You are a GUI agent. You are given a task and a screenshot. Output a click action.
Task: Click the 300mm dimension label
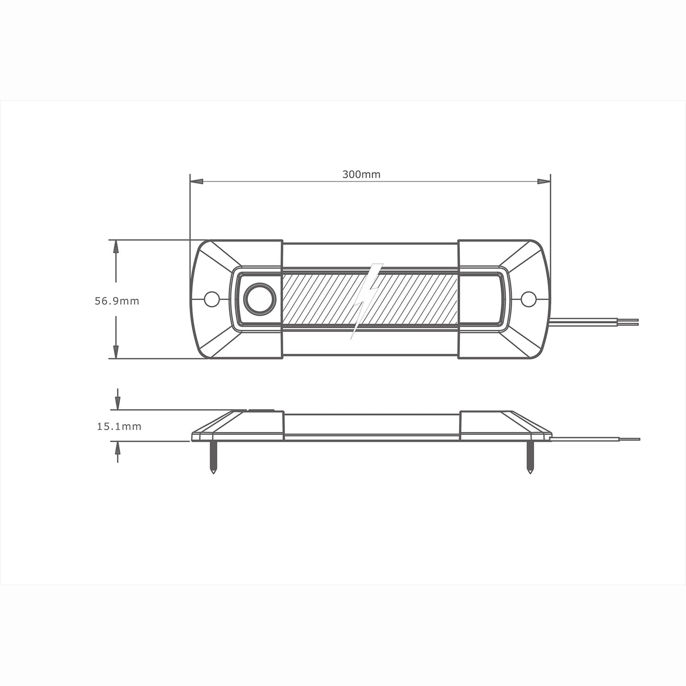(361, 174)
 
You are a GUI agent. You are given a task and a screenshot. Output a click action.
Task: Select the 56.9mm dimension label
(117, 301)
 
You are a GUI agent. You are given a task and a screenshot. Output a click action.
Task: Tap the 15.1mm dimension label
(119, 426)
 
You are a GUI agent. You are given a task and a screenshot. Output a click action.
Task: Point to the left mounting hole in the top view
(212, 299)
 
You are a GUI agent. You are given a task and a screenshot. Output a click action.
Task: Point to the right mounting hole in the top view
(528, 299)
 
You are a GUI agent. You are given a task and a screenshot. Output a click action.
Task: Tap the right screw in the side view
(530, 458)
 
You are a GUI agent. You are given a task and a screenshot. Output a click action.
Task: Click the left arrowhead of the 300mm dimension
(197, 181)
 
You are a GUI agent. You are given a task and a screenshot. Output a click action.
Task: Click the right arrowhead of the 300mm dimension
(544, 181)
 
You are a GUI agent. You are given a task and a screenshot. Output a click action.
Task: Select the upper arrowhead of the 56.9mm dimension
(116, 246)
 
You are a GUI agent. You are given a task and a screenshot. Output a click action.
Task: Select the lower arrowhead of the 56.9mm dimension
(116, 352)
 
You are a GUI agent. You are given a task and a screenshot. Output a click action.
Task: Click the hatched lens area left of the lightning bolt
(318, 299)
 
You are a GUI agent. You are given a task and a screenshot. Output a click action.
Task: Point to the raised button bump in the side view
(260, 410)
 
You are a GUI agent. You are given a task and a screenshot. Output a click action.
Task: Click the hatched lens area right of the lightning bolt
(418, 299)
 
